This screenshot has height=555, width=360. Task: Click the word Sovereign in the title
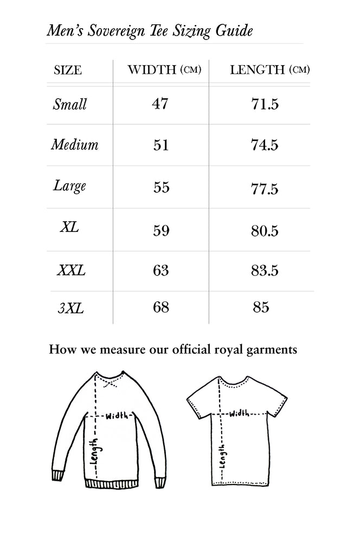coord(112,31)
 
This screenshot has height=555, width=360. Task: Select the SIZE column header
coord(68,70)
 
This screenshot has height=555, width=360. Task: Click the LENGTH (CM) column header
coord(269,69)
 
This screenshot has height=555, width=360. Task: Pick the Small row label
coord(69,105)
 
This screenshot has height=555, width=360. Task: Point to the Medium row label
coord(75,145)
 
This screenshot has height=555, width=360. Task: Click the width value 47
coord(160,104)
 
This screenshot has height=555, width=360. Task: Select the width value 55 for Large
coord(161,188)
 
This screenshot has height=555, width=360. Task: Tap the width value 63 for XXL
coord(161,270)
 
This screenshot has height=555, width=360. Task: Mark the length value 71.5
coord(265,104)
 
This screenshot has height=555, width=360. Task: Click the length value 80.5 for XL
coord(265,231)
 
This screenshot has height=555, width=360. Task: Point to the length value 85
coord(261,308)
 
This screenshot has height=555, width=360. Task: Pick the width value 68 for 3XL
coord(161,308)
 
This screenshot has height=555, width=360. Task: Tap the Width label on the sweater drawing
coord(117,416)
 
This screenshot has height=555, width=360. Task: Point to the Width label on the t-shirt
coord(239,414)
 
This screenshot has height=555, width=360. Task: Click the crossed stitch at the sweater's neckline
coord(110,383)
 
